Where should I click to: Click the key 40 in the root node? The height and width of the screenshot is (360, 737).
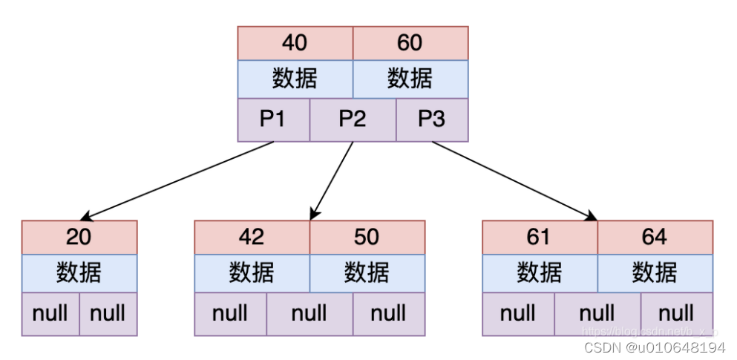click(295, 43)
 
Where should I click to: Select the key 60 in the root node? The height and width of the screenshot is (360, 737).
click(410, 43)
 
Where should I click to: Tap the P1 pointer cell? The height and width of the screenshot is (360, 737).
click(273, 120)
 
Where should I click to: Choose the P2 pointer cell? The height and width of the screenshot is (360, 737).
click(353, 120)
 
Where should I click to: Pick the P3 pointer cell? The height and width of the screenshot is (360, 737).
click(432, 120)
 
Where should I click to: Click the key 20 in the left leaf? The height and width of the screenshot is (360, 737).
click(79, 237)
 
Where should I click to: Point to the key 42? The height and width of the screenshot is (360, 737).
click(252, 237)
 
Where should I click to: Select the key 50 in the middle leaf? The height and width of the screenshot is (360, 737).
click(367, 237)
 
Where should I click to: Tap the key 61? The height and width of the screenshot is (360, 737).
click(540, 237)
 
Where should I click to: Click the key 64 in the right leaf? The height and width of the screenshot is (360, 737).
click(655, 237)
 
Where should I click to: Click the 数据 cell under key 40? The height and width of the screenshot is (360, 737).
click(295, 79)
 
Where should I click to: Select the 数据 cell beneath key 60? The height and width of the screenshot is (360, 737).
click(410, 79)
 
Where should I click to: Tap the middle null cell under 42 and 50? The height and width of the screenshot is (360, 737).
click(309, 313)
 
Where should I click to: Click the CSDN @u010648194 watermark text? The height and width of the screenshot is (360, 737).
click(654, 347)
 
